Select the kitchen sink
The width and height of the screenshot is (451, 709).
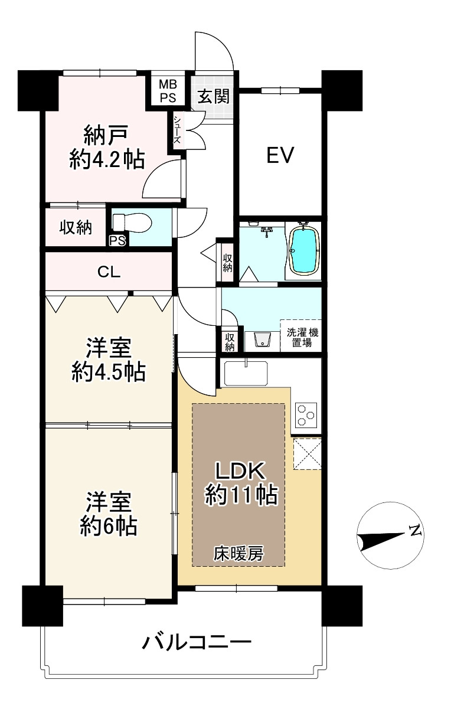click(x=246, y=374)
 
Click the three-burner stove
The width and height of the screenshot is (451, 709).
click(x=306, y=414)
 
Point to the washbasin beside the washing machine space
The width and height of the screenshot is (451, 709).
click(x=262, y=341)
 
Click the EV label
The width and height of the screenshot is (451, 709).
click(x=280, y=155)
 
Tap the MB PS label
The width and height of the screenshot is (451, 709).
click(x=168, y=91)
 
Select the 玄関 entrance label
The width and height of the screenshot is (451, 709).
click(x=214, y=96)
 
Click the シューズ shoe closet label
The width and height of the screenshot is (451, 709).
click(x=177, y=130)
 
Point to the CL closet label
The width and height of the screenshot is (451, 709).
click(x=109, y=272)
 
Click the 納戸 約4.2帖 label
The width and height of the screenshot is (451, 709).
click(x=107, y=148)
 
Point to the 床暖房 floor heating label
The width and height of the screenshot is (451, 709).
click(x=238, y=554)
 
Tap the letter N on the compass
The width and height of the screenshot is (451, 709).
click(x=415, y=531)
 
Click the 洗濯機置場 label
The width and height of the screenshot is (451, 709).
click(x=302, y=338)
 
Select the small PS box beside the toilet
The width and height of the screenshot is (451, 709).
click(x=117, y=241)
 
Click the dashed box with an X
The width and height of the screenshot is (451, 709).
click(x=307, y=453)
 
